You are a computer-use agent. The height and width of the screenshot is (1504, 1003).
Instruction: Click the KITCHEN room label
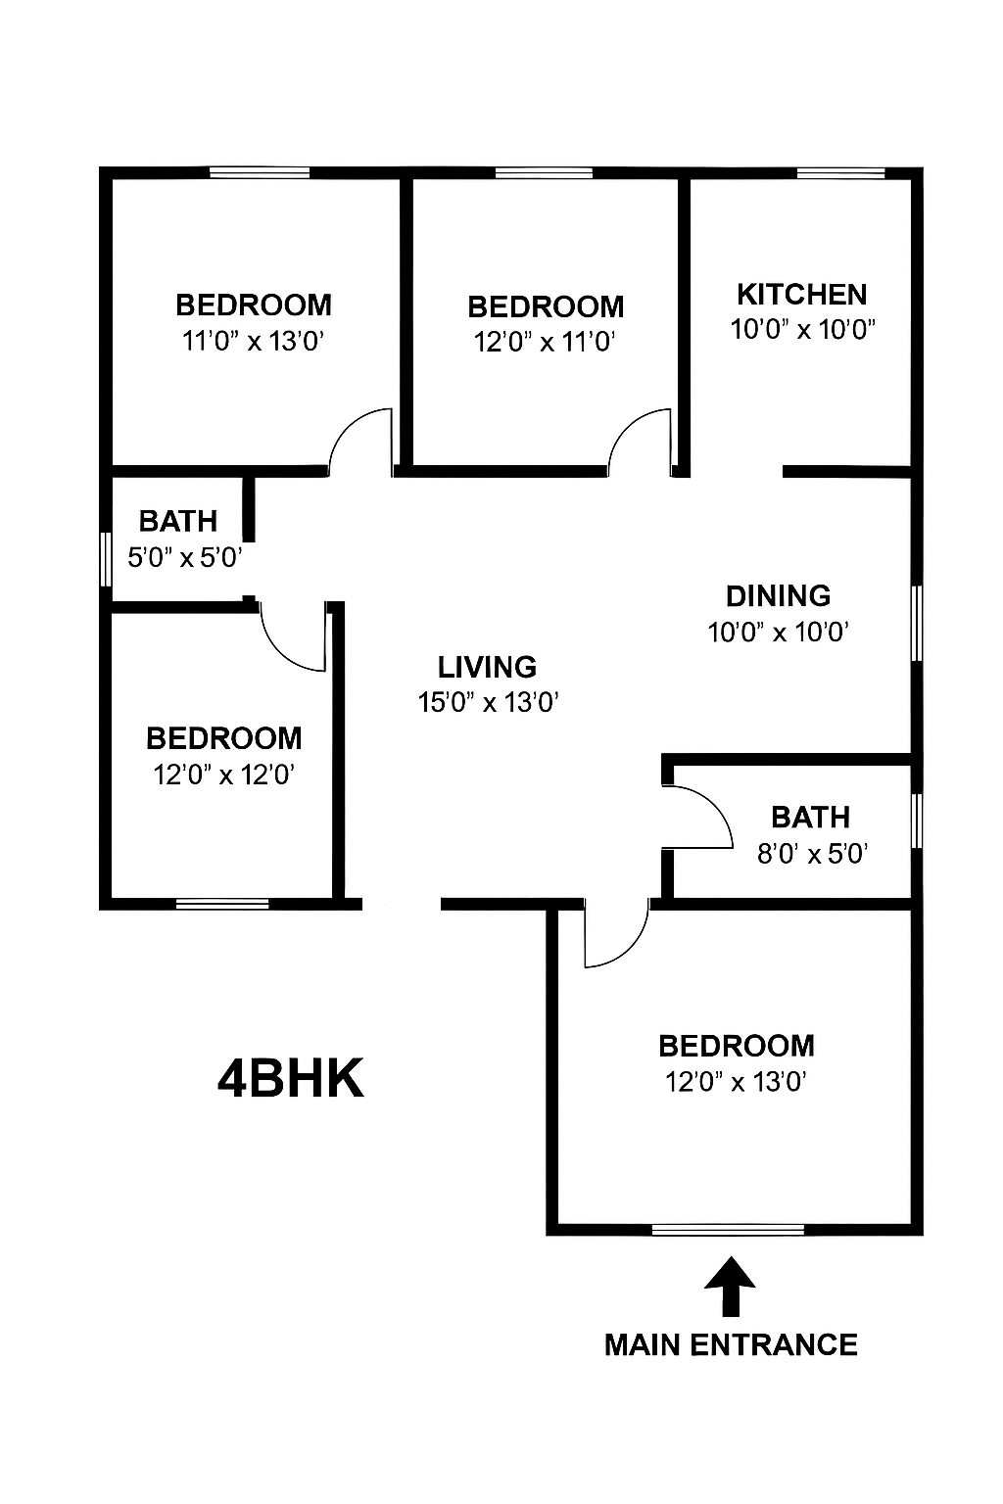[x=801, y=294]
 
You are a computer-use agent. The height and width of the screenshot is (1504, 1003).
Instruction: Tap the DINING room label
[x=778, y=595]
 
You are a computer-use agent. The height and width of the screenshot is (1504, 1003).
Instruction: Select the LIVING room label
[x=487, y=667]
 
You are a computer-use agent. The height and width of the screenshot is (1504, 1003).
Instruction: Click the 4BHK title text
[x=290, y=1079]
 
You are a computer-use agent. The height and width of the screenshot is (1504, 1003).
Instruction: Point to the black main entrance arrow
[x=730, y=1286]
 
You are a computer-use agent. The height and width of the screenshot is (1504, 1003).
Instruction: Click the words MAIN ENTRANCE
[x=731, y=1344]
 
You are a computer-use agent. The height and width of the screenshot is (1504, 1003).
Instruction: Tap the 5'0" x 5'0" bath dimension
[x=185, y=558]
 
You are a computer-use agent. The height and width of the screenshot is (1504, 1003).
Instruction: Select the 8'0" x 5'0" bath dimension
[x=813, y=854]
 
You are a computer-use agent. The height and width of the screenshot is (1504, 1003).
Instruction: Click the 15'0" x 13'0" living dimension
[x=488, y=703]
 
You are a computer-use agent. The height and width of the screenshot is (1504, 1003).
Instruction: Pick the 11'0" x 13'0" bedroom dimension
[x=253, y=342]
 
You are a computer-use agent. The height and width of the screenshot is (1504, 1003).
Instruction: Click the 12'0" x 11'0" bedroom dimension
[x=545, y=343]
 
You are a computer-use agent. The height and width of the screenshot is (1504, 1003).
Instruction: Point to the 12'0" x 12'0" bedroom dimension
[x=224, y=775]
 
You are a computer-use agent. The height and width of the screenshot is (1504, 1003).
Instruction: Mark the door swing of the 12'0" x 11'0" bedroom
[x=641, y=440]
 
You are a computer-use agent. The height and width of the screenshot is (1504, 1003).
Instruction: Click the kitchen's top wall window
[x=840, y=174]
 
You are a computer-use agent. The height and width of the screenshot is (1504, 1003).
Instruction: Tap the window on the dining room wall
[x=917, y=624]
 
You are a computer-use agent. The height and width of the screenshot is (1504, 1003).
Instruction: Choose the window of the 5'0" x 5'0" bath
[x=106, y=559]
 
